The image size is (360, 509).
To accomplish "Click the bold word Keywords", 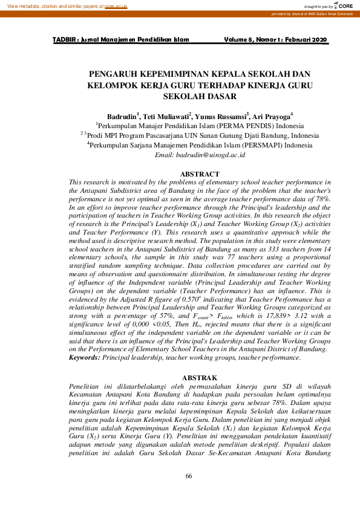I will pos(84,358).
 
